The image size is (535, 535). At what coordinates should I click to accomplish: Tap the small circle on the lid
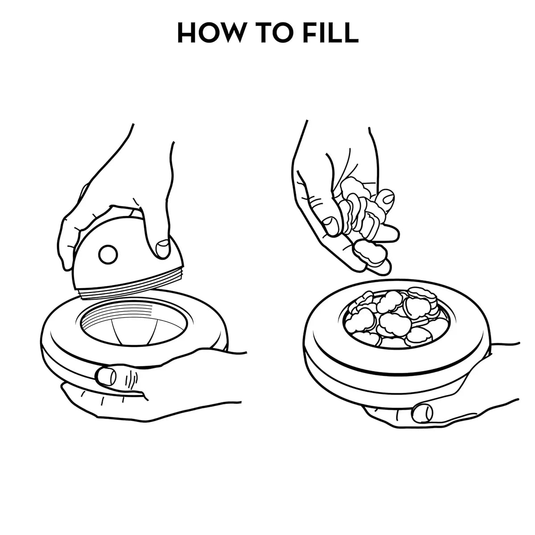(x=107, y=255)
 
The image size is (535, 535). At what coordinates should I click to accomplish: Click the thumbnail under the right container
(x=422, y=412)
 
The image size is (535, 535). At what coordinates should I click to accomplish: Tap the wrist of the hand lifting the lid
(x=152, y=143)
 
